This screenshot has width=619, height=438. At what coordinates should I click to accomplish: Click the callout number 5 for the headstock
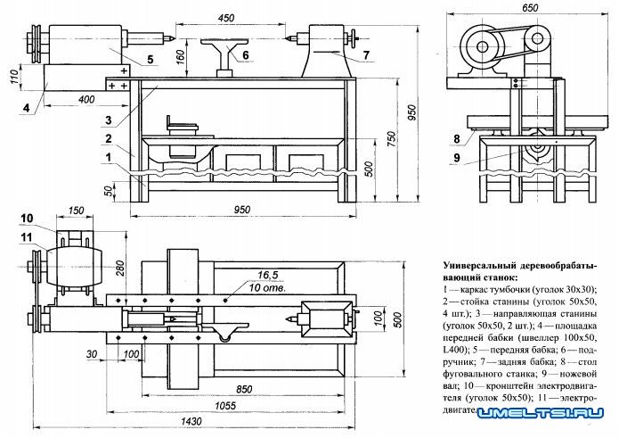(x=150, y=60)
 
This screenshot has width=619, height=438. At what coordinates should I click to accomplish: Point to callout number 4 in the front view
(x=27, y=109)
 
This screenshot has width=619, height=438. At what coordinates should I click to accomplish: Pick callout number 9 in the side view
(x=455, y=158)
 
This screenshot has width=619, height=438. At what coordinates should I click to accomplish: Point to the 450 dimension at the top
(x=226, y=19)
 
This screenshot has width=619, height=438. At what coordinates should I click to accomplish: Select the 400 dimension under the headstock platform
(x=86, y=99)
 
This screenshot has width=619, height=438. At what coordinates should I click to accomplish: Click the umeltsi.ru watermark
(x=544, y=413)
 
